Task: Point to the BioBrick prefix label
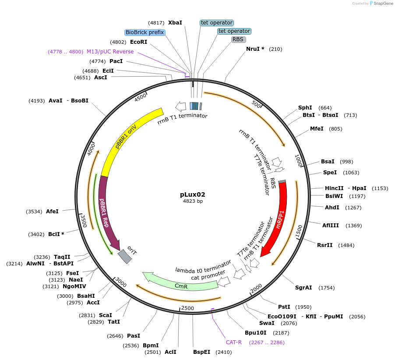[x=145, y=32]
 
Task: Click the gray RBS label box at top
[x=238, y=39]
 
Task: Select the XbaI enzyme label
[x=175, y=23]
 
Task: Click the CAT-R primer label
[x=233, y=342]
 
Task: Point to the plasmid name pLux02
[x=193, y=194]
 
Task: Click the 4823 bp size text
[x=193, y=201]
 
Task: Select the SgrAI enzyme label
[x=303, y=288]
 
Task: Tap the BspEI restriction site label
[x=202, y=352]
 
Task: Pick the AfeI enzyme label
[x=52, y=211]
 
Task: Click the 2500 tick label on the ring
[x=187, y=308]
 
